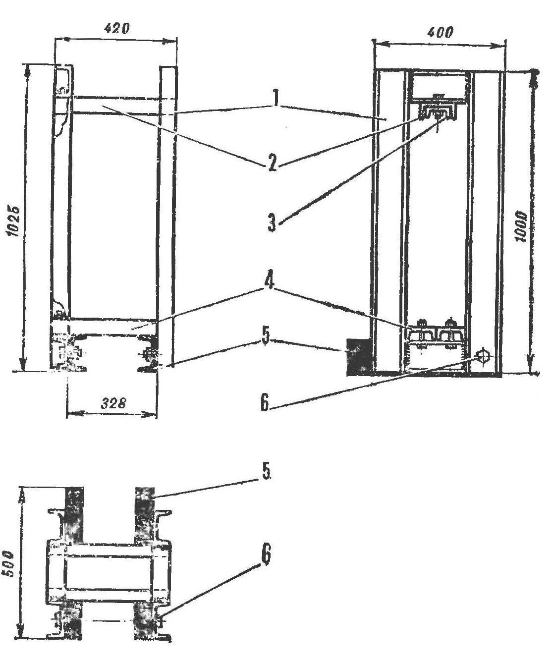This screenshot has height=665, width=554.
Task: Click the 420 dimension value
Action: tap(116, 29)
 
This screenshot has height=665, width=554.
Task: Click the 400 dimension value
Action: tap(440, 32)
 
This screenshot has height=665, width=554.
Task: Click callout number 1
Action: tap(276, 99)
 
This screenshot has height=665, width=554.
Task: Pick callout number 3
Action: tap(272, 223)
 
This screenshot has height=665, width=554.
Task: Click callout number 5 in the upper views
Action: tap(266, 338)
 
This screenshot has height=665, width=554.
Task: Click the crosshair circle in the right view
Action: tap(483, 357)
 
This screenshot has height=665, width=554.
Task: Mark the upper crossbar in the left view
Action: tap(115, 105)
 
